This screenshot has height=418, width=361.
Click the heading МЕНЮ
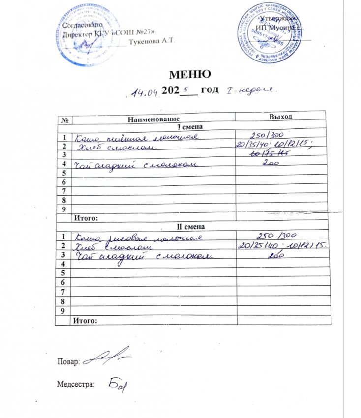pos(190,75)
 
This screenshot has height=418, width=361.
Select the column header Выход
pos(281,117)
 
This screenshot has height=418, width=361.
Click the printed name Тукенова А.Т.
pos(150,41)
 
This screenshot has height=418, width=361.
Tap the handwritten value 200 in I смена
pos(270,166)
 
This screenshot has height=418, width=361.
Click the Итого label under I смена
pos(86,217)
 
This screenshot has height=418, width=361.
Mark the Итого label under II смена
pos(86,321)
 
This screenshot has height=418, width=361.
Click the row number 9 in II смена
pos(62,311)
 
